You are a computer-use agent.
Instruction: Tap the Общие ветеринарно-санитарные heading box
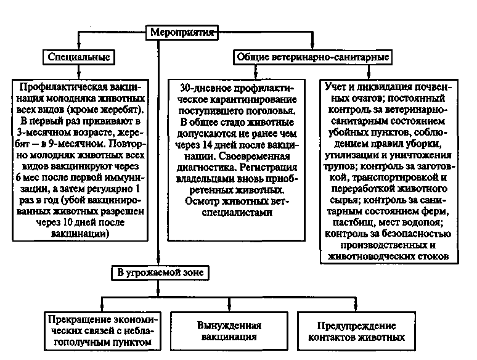tap(312, 57)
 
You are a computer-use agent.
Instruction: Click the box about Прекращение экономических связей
tap(101, 332)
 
